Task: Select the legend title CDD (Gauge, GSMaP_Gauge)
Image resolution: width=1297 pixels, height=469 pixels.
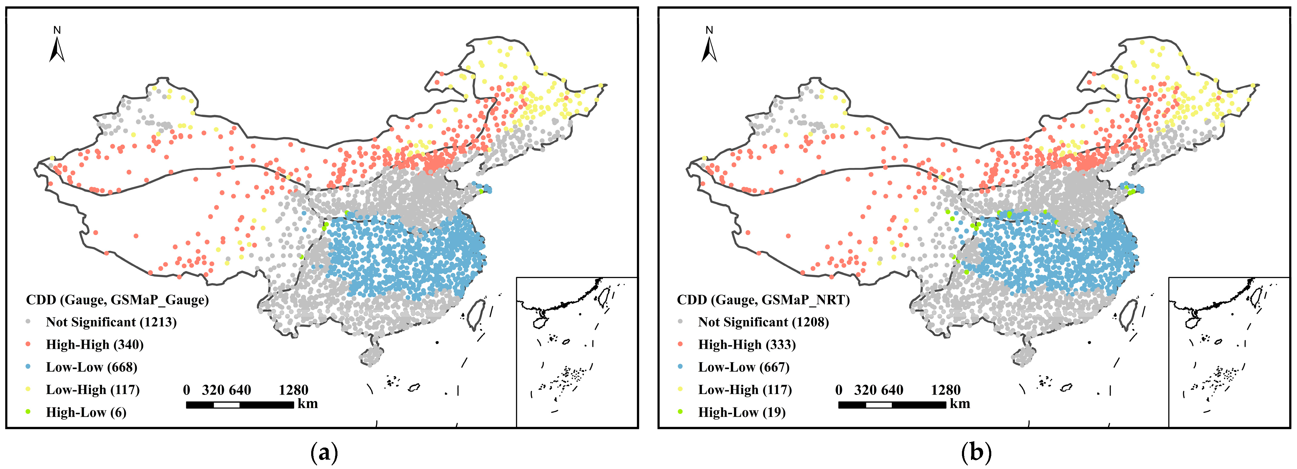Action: [117, 300]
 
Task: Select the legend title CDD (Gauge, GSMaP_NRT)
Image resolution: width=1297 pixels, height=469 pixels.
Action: [763, 300]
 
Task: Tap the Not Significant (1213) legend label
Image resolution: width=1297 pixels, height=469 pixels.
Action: [111, 322]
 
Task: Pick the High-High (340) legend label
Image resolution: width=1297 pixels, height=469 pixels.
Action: [95, 345]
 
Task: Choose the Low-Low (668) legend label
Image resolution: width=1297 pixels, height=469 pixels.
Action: [92, 367]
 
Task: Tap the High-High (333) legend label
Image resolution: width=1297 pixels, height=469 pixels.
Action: [747, 345]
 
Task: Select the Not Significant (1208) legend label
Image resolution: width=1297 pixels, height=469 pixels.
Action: [763, 322]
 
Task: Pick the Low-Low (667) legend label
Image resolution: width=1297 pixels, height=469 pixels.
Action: [744, 367]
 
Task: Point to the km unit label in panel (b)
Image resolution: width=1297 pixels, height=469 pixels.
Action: [960, 404]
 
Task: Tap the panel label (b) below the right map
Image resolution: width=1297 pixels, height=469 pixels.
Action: [976, 452]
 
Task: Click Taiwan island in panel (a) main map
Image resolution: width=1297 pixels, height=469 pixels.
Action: [476, 314]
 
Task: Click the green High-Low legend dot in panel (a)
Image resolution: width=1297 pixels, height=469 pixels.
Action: [28, 412]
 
